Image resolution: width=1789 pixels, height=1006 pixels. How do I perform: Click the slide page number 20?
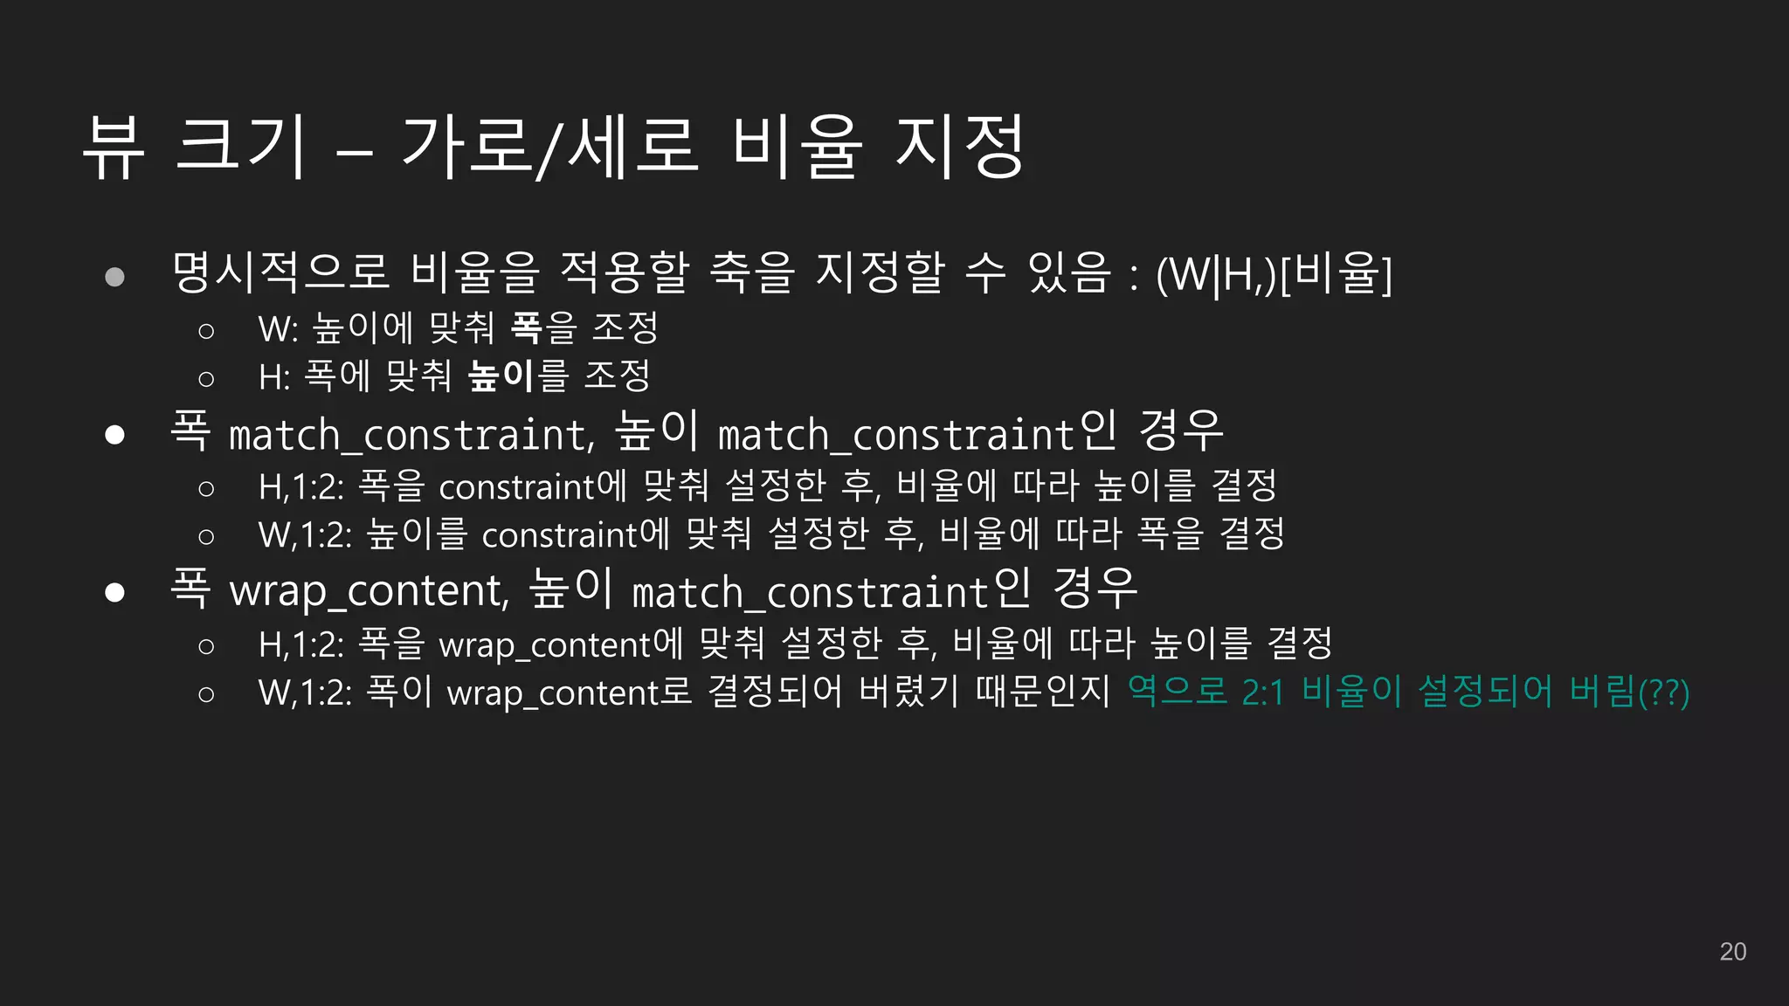1732,951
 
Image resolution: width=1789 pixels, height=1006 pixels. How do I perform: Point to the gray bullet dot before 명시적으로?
114,278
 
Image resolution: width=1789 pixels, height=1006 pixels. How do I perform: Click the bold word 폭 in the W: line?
526,327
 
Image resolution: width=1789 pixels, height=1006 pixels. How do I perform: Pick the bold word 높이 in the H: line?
501,376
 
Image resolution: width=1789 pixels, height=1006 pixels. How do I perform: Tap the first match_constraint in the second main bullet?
411,434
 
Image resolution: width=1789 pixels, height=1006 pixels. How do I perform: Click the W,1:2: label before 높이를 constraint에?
305,534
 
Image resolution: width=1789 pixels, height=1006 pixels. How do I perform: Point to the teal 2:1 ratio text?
1263,692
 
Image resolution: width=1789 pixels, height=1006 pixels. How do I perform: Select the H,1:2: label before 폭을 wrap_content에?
301,644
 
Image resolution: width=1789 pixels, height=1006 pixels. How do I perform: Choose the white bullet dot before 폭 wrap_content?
114,592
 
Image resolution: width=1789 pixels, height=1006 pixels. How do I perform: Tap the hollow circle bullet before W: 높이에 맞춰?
206,331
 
